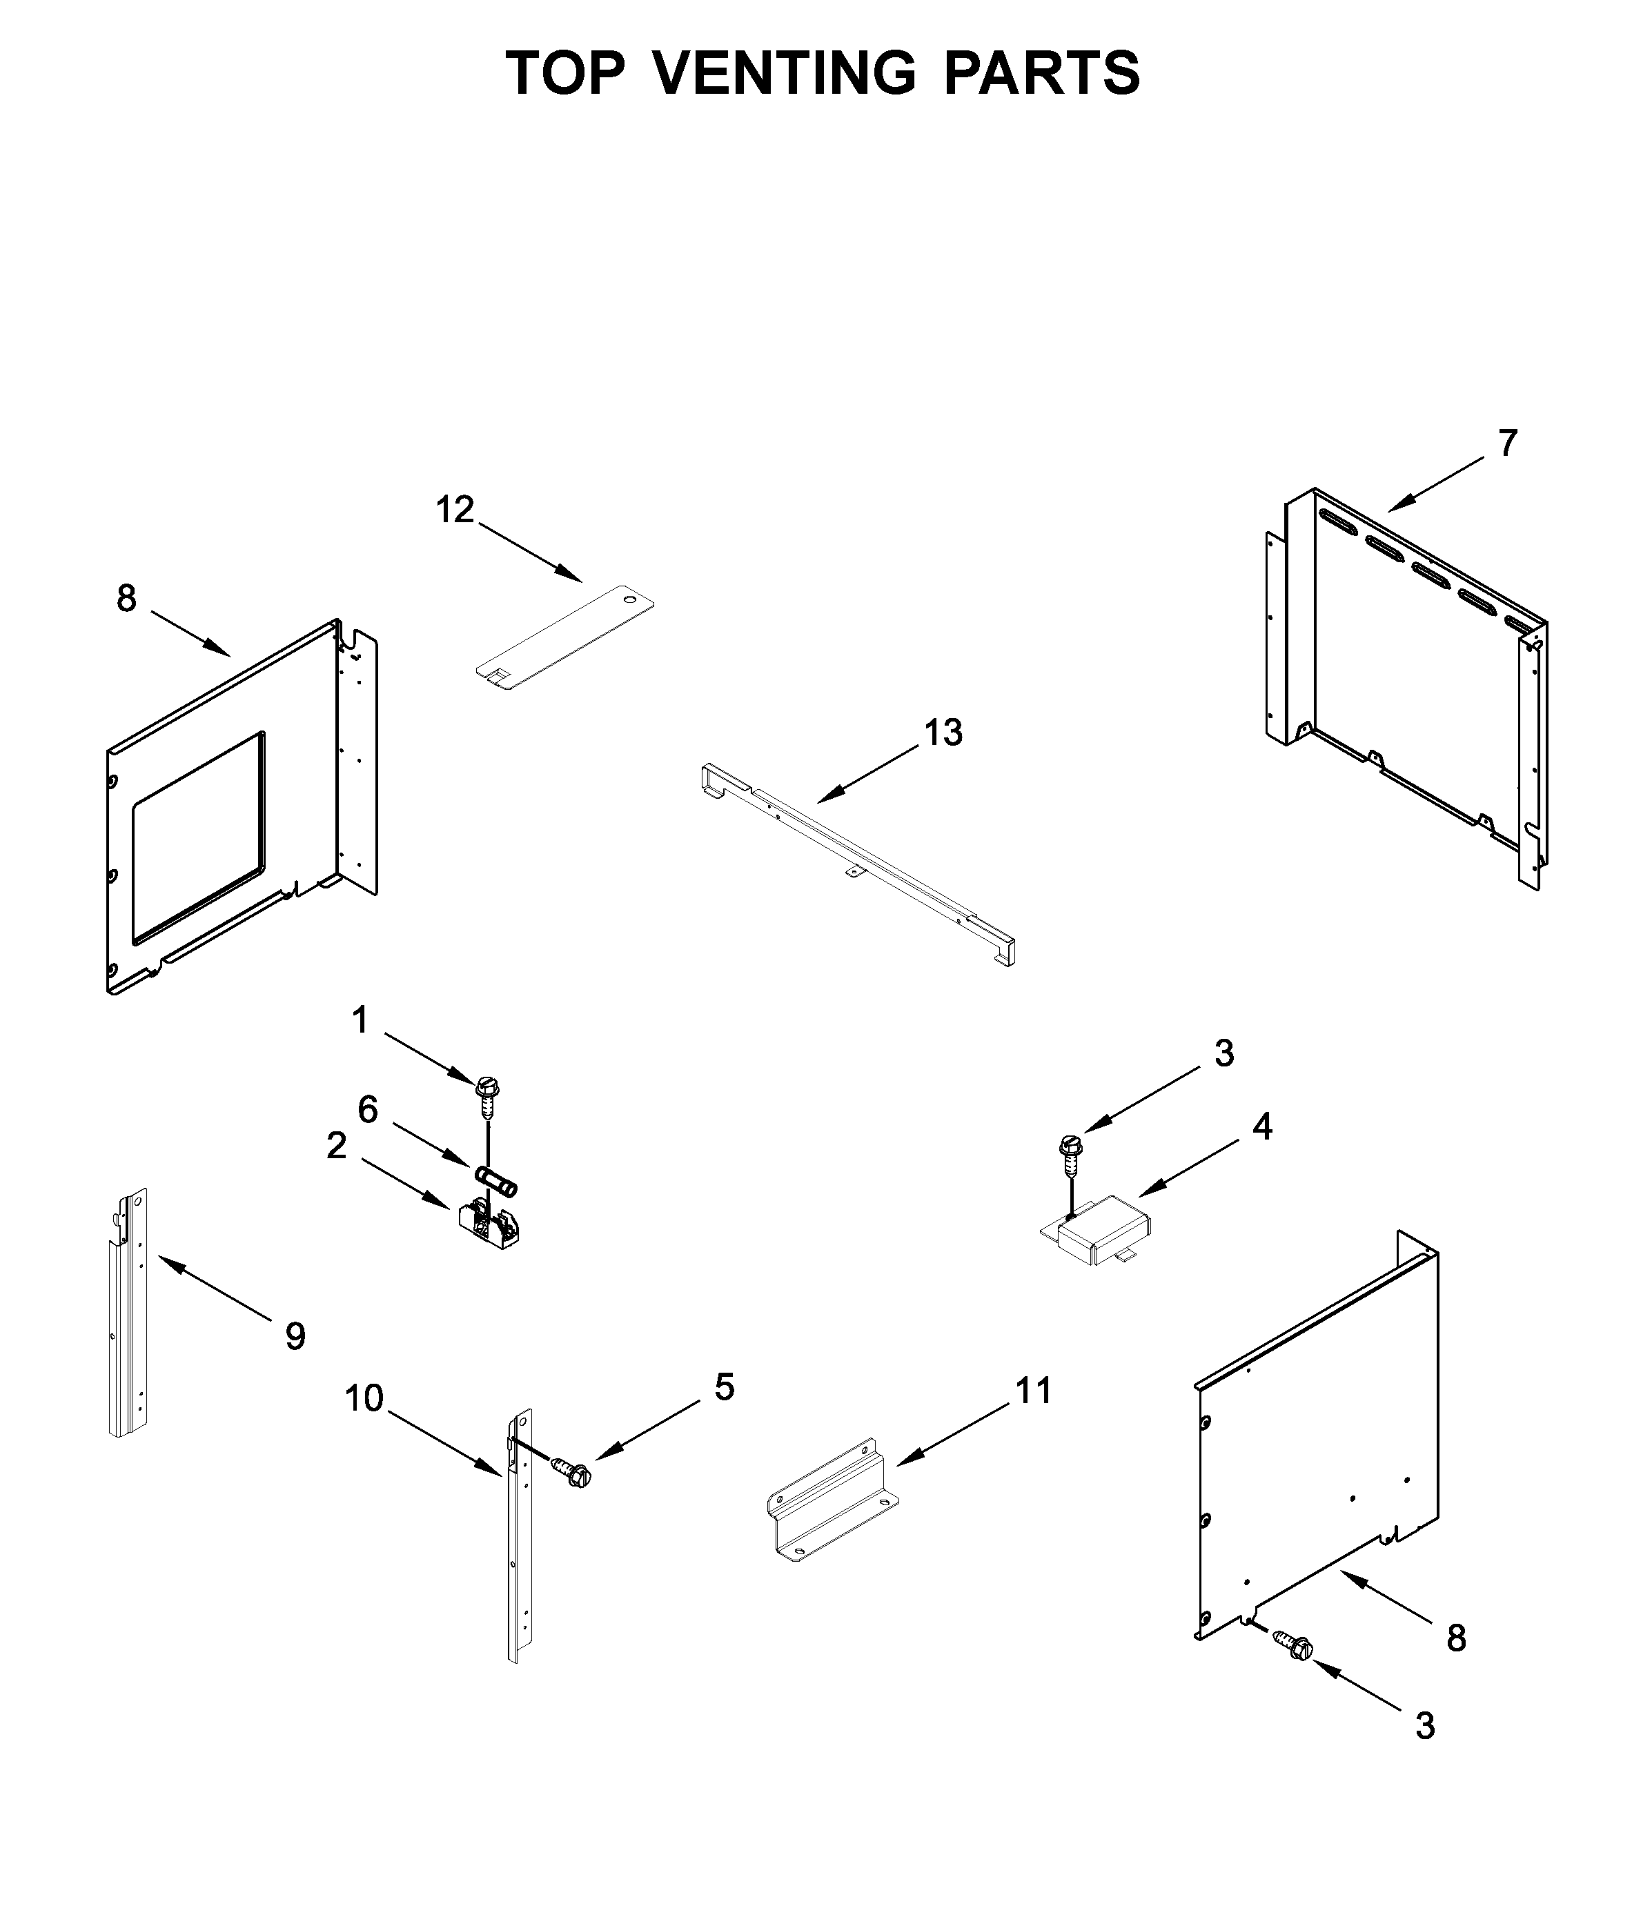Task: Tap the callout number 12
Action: pos(454,509)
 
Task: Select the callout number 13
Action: pos(943,733)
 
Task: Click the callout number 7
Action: pos(1506,444)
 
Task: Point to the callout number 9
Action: pos(295,1336)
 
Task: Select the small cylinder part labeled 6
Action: pos(496,1180)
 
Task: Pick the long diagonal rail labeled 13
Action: pos(856,861)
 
